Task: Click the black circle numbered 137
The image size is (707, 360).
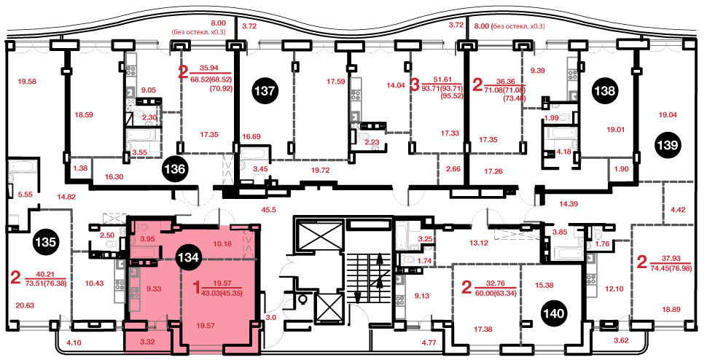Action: pyautogui.click(x=265, y=90)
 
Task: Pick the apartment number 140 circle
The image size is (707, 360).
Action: pyautogui.click(x=554, y=313)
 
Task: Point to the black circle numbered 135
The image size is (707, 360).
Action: pyautogui.click(x=45, y=242)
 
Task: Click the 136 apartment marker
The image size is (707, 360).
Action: pyautogui.click(x=175, y=169)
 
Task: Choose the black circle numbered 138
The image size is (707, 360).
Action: pyautogui.click(x=604, y=91)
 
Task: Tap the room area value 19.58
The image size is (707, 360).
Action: pyautogui.click(x=26, y=82)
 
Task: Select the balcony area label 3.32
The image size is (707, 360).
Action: pyautogui.click(x=147, y=342)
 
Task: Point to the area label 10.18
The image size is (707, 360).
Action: pyautogui.click(x=222, y=244)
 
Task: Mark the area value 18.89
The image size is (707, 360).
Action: pyautogui.click(x=671, y=309)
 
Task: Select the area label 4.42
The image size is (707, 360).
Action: pyautogui.click(x=678, y=209)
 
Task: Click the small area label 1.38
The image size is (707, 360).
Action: pyautogui.click(x=79, y=168)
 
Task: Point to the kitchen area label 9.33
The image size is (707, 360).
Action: pyautogui.click(x=154, y=289)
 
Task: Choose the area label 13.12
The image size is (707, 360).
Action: pyautogui.click(x=479, y=243)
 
